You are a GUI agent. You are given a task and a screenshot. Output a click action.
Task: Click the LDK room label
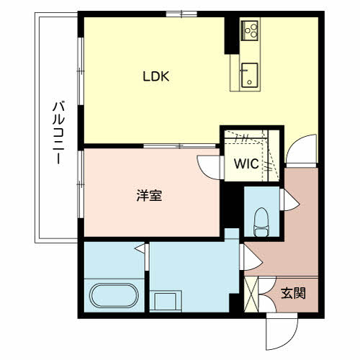156,76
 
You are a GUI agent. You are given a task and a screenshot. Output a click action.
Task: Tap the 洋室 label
149,195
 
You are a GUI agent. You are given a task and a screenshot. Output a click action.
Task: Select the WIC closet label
246,163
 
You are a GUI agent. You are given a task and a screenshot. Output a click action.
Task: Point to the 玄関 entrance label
293,293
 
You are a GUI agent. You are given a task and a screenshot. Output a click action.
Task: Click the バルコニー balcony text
58,133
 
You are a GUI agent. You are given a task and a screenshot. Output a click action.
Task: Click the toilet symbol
261,222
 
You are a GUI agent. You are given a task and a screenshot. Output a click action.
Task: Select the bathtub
114,295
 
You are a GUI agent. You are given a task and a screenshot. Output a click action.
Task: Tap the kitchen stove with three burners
250,31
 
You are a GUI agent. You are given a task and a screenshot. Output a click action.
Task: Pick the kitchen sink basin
250,75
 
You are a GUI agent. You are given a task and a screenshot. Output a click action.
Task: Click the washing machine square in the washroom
166,301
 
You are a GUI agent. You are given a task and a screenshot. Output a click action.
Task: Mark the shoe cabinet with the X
251,294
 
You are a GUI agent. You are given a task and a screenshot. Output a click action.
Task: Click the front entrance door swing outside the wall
282,331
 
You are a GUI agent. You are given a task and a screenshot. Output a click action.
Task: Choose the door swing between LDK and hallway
301,150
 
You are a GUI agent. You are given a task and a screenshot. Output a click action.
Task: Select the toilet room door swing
289,200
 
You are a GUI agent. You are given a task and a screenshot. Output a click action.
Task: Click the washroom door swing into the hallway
251,257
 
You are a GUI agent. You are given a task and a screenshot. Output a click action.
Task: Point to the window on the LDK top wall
181,14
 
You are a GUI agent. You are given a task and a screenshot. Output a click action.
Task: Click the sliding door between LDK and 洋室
179,145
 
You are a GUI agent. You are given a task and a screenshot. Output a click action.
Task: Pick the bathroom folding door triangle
140,248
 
